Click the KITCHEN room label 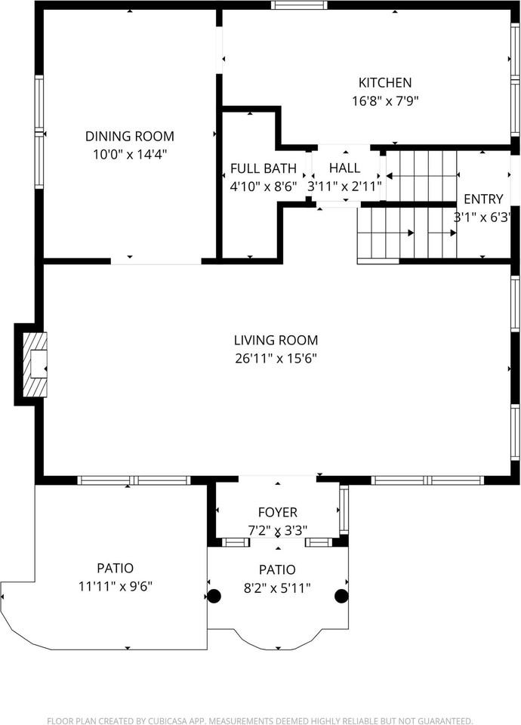(384, 83)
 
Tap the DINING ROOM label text (129, 137)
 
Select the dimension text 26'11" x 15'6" (276, 358)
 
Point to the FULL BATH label (264, 168)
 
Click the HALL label (344, 168)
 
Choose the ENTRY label (483, 199)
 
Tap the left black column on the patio (214, 596)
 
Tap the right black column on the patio (341, 596)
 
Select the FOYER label (277, 513)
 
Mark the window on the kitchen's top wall (299, 5)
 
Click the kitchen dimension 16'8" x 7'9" (384, 100)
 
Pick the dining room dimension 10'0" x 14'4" (129, 154)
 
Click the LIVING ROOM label (276, 341)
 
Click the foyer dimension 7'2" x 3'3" (277, 529)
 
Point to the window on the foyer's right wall (344, 511)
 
